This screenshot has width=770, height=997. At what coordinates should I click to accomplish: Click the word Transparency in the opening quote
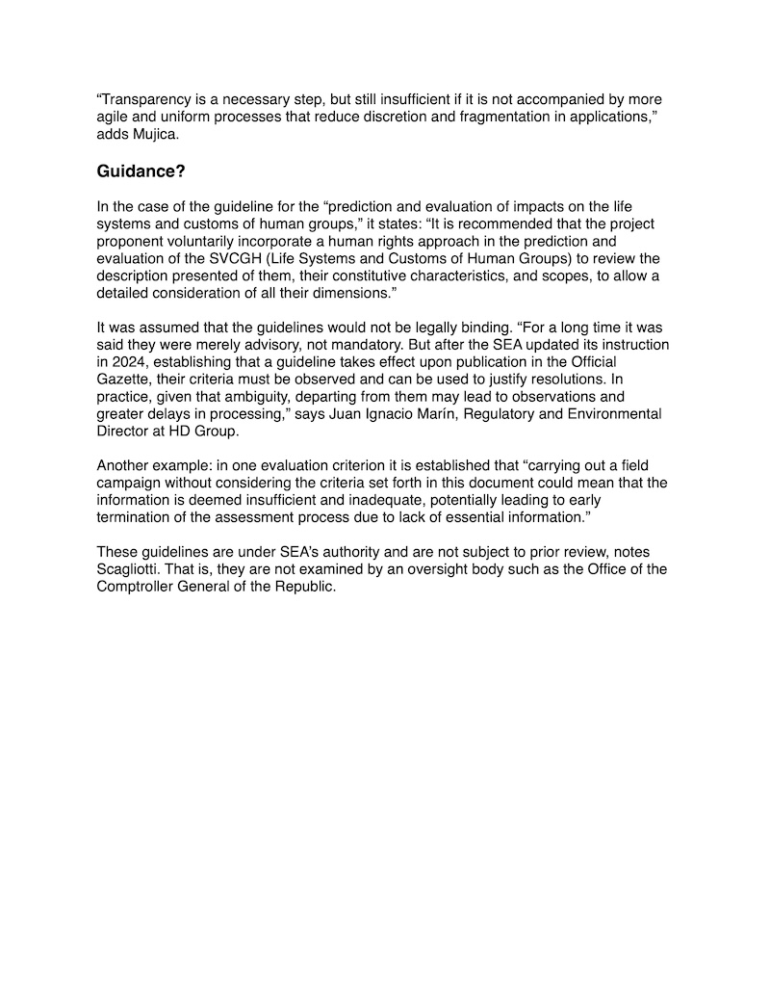click(145, 100)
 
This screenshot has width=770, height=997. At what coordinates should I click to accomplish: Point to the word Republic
click(302, 587)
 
